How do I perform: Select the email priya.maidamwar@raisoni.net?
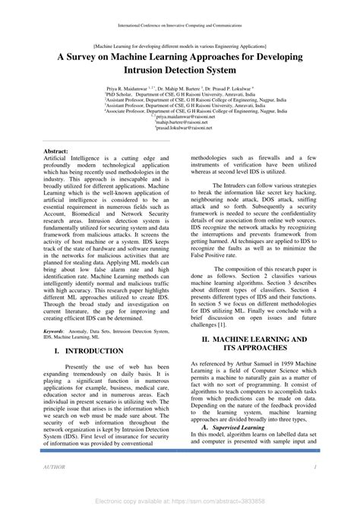[180, 116]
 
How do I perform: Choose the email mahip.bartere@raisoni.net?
[180, 122]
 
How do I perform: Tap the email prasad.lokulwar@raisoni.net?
[180, 128]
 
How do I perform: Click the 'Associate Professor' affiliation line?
[180, 110]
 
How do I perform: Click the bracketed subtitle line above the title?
[180, 46]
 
